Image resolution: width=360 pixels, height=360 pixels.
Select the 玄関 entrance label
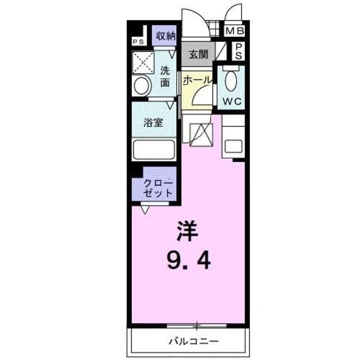pos(197,55)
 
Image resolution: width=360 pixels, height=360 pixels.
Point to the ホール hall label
pos(196,80)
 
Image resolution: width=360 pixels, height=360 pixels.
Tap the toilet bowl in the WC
pos(231,82)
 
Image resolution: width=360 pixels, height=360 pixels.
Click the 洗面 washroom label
pos(165,76)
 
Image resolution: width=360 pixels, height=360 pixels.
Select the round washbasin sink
pos(142,86)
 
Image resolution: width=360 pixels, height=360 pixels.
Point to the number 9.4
pos(188,260)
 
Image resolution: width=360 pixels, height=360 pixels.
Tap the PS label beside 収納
pos(137,42)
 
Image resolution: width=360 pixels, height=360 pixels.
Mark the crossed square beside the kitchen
pos(200,134)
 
